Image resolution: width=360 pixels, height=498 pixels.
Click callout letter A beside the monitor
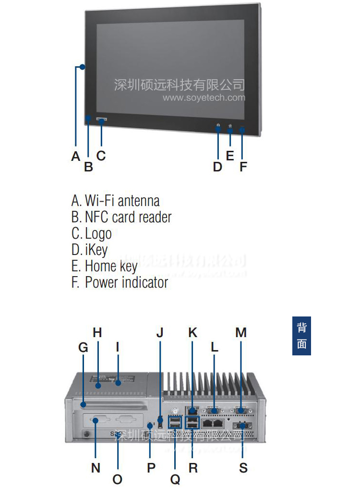click(75, 156)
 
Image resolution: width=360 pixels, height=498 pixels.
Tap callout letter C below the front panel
click(101, 156)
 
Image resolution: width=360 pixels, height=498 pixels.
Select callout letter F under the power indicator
click(243, 167)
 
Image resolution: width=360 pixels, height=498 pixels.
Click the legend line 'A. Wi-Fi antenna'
click(115, 200)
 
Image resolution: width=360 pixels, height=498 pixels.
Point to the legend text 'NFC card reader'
click(128, 217)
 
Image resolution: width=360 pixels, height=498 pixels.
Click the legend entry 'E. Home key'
click(105, 266)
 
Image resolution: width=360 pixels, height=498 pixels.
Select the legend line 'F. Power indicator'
click(120, 282)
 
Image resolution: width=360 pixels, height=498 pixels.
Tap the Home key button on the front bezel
click(230, 127)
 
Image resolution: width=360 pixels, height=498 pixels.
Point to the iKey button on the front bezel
click(218, 127)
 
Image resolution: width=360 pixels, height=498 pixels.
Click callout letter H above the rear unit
click(97, 332)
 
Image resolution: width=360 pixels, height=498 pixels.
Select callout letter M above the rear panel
click(241, 332)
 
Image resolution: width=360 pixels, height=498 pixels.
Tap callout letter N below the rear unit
click(96, 468)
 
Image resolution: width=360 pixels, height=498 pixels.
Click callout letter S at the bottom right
click(243, 468)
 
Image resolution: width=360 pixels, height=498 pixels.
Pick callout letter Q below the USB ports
click(175, 479)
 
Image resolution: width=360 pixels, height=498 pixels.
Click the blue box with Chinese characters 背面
click(301, 336)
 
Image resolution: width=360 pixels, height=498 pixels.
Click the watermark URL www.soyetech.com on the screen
click(204, 98)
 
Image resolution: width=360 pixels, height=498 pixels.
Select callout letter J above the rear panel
click(160, 332)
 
